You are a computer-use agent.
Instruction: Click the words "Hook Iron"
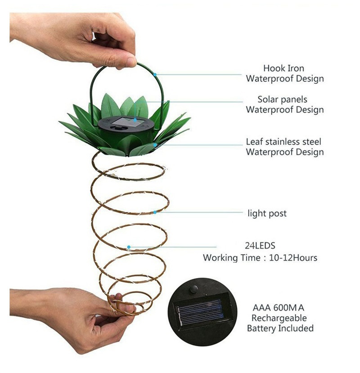click(x=283, y=68)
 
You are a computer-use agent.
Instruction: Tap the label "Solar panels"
click(x=282, y=100)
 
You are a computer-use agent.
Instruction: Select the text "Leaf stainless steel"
click(x=283, y=142)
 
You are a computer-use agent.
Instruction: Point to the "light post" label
click(x=267, y=214)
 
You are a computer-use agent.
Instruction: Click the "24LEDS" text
click(x=260, y=246)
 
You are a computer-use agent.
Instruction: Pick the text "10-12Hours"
click(x=293, y=258)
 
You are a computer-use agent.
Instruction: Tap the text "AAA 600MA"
click(x=278, y=308)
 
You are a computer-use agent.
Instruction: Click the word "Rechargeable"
click(x=279, y=318)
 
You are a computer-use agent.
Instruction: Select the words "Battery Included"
click(x=280, y=328)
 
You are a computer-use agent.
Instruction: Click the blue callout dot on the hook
click(x=155, y=75)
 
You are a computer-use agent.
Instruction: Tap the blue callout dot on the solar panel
click(x=135, y=120)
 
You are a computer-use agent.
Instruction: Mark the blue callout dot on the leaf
click(x=155, y=145)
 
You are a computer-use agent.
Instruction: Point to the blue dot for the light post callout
click(x=155, y=212)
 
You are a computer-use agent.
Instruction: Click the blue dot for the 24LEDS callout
click(x=129, y=247)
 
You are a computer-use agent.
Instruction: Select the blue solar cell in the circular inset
click(x=200, y=312)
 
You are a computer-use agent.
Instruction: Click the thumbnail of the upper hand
click(x=130, y=61)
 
